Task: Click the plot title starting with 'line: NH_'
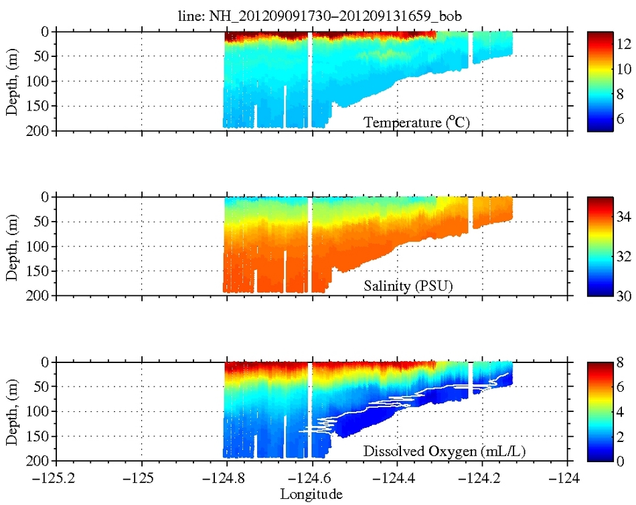[313, 18]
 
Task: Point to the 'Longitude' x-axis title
[311, 495]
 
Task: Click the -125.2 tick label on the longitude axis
[56, 480]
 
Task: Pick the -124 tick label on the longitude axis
[568, 480]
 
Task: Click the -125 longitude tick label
[142, 480]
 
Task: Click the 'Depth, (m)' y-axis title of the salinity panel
[13, 246]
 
